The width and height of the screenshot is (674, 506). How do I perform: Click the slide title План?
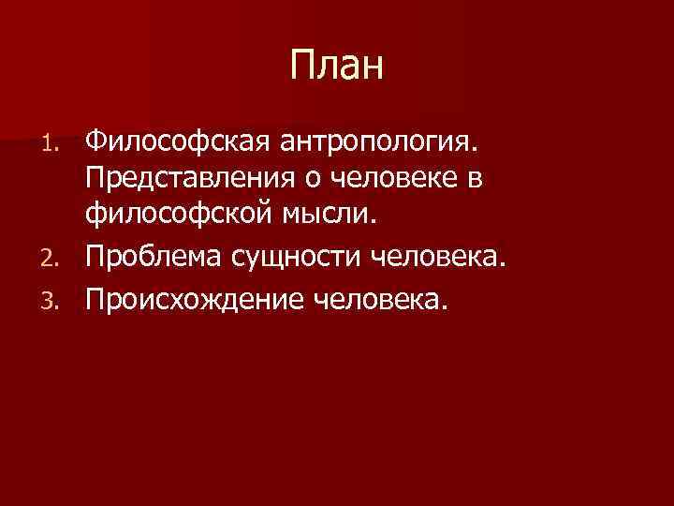[337, 67]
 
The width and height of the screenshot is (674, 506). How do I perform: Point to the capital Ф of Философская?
[94, 141]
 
